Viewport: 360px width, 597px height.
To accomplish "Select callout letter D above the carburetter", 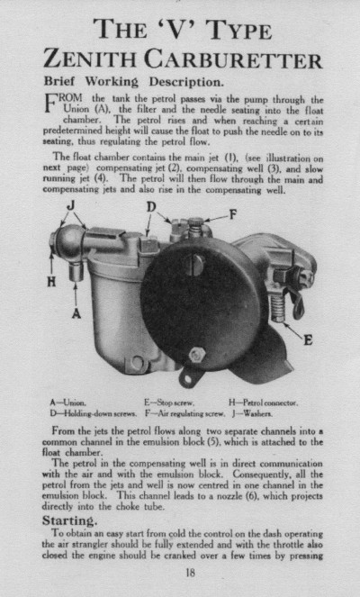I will click(x=152, y=207).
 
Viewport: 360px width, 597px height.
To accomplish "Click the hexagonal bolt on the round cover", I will click(x=194, y=354).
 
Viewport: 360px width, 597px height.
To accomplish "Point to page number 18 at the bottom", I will click(x=190, y=571).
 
